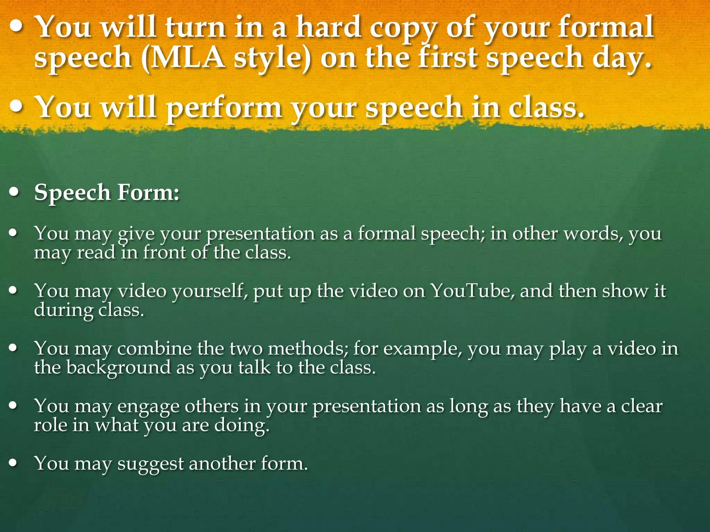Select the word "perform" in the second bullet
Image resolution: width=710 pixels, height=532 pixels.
click(x=224, y=107)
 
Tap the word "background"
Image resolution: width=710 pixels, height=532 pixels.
click(x=118, y=367)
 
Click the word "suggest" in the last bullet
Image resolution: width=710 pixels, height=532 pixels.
click(x=150, y=463)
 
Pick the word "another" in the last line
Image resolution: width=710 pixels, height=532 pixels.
click(x=222, y=463)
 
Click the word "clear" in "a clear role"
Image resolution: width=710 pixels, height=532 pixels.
click(x=641, y=406)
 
